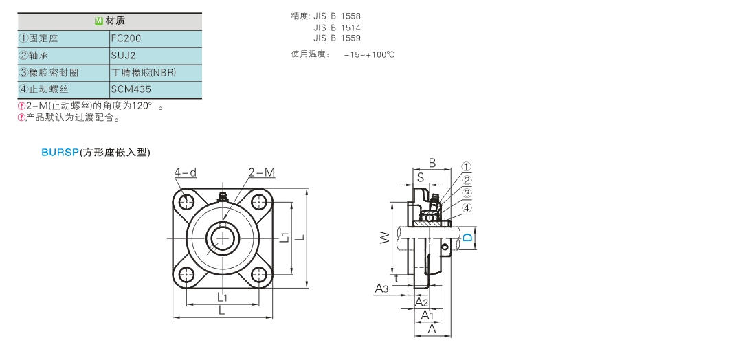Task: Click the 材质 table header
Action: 110,22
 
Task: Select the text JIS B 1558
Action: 336,16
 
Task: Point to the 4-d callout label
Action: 186,172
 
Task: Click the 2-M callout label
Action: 261,172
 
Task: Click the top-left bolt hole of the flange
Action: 186,202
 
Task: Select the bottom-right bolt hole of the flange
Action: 259,274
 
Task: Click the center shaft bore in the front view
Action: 222,238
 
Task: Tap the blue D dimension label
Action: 467,238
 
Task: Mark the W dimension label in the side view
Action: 385,238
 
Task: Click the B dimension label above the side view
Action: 432,164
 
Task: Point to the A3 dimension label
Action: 382,289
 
